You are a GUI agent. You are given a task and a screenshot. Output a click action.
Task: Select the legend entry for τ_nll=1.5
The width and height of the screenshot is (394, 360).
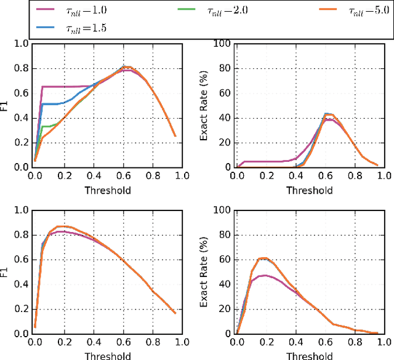click(x=81, y=28)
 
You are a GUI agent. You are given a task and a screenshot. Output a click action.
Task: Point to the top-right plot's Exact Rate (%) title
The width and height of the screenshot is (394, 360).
click(x=206, y=105)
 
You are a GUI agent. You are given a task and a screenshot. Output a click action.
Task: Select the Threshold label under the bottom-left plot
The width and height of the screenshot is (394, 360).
click(x=107, y=356)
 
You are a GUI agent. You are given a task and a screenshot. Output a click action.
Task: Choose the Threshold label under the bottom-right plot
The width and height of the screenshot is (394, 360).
click(x=310, y=356)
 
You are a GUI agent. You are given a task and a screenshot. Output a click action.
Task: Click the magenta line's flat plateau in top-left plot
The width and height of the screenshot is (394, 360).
click(x=68, y=87)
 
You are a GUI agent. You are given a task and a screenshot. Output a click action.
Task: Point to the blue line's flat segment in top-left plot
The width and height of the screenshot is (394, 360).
click(x=52, y=104)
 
